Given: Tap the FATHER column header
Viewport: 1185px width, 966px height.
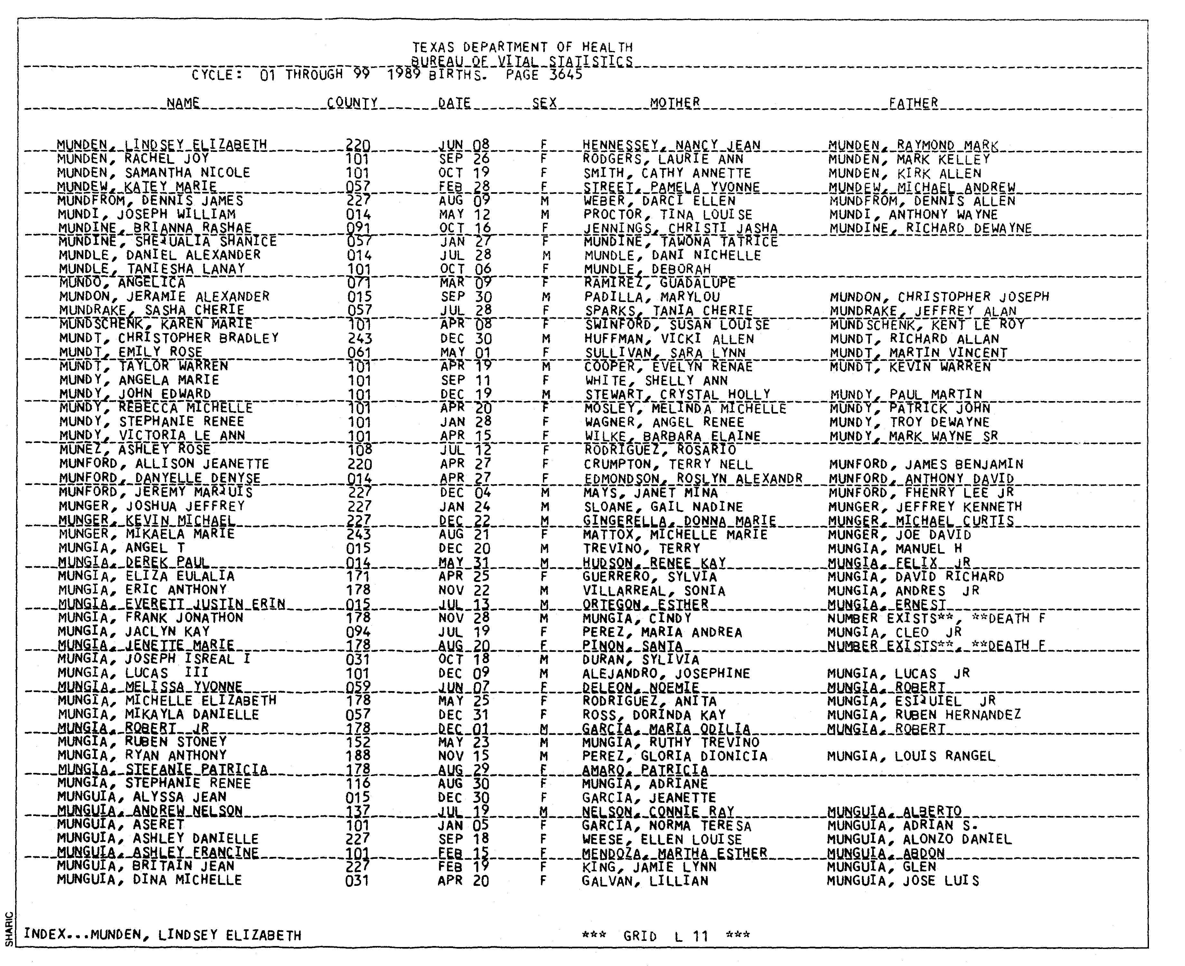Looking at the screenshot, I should click(x=913, y=103).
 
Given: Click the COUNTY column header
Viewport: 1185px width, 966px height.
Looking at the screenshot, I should click(x=352, y=103).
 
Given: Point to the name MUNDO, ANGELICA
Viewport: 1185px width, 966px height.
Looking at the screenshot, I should click(x=122, y=283).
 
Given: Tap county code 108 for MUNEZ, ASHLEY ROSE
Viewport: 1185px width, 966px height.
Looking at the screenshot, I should click(x=359, y=450).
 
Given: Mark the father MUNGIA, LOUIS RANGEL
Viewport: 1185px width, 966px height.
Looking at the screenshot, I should click(x=911, y=756).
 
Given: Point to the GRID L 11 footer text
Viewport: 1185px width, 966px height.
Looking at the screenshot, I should click(x=665, y=936).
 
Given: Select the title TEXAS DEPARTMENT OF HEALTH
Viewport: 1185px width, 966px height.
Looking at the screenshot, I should click(x=522, y=47).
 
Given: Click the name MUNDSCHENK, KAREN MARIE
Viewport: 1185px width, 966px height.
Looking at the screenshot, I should click(x=156, y=324).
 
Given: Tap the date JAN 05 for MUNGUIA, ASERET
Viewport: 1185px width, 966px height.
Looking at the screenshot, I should click(x=463, y=825).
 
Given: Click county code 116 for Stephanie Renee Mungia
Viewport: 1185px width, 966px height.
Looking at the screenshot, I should click(x=358, y=783).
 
